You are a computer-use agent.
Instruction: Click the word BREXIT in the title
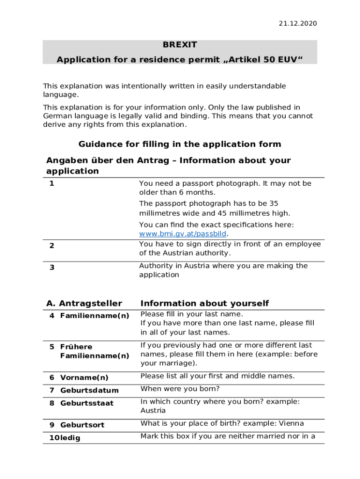click(x=180, y=45)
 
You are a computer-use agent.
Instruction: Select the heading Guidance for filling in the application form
click(x=180, y=144)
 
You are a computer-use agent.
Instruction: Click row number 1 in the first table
click(x=52, y=183)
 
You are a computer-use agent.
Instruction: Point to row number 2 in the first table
click(x=52, y=245)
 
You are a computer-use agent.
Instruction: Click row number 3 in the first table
click(x=52, y=267)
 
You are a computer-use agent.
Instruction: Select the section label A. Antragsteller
click(x=84, y=304)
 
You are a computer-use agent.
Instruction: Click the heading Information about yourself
click(x=204, y=304)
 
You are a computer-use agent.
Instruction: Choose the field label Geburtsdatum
click(x=89, y=390)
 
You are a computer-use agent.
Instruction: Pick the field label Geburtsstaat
click(x=86, y=403)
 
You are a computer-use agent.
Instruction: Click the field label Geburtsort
click(x=82, y=425)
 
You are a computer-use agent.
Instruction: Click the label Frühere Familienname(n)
click(x=94, y=351)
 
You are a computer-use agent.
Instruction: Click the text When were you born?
click(x=180, y=389)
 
